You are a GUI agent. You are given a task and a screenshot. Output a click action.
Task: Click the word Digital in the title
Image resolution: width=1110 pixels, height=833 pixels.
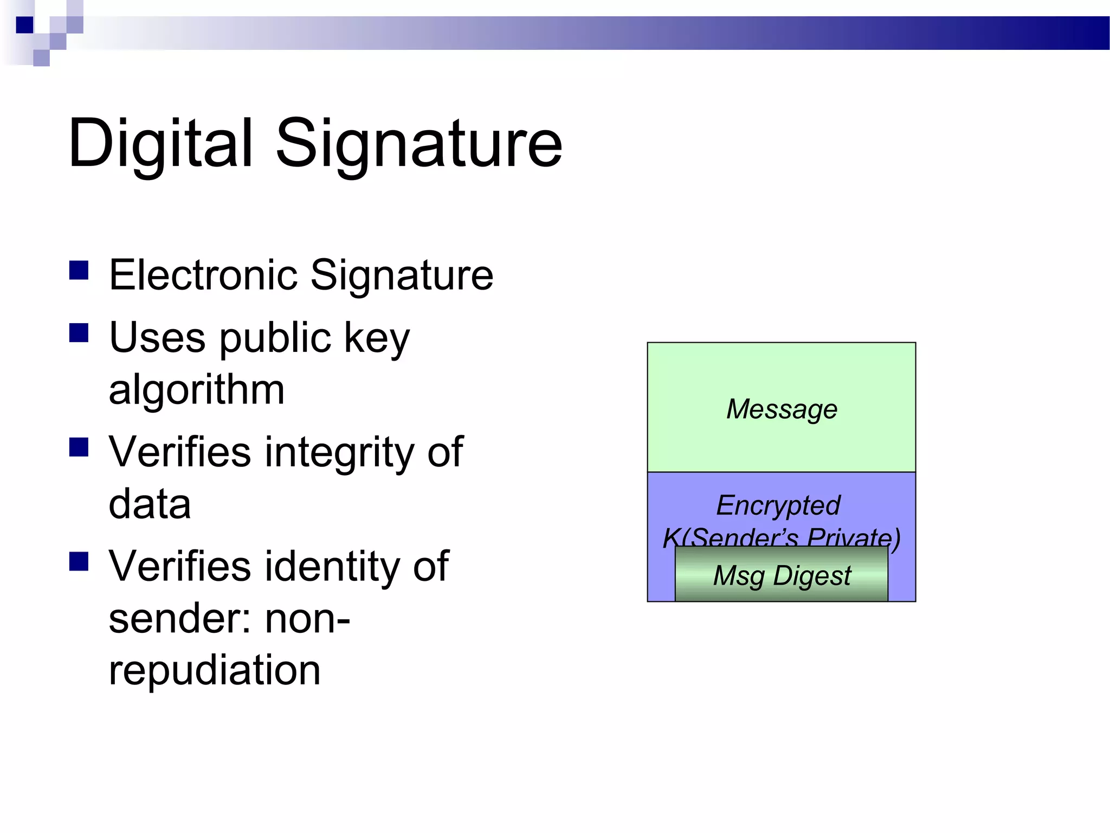[x=160, y=144]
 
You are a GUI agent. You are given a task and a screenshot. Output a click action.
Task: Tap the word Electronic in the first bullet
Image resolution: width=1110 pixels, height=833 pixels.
[x=203, y=275]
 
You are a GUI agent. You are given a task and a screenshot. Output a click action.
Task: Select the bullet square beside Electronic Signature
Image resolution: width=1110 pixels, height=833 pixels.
[x=79, y=270]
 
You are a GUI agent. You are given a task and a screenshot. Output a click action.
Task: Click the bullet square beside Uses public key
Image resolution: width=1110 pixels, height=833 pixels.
[x=79, y=333]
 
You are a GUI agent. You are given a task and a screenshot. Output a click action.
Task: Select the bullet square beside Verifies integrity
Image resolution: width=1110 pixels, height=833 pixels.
[x=79, y=447]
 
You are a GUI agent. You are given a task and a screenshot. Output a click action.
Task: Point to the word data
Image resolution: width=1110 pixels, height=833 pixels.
[x=150, y=504]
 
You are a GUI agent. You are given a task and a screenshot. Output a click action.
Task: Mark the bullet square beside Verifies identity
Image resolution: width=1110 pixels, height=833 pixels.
[x=79, y=562]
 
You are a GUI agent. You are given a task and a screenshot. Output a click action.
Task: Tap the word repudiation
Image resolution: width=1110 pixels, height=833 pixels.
[x=215, y=670]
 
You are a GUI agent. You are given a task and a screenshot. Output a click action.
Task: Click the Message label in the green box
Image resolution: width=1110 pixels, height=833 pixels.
[x=782, y=409]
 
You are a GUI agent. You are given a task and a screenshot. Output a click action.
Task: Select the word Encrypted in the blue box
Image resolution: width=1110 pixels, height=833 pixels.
[x=778, y=505]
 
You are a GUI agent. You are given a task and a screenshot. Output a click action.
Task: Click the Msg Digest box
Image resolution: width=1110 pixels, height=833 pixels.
[x=782, y=575]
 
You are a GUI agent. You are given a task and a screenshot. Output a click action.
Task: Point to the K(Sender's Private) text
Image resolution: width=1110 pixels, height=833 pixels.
[x=782, y=537]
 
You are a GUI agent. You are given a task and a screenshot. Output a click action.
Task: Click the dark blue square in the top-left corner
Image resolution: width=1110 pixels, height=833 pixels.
[x=24, y=25]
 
